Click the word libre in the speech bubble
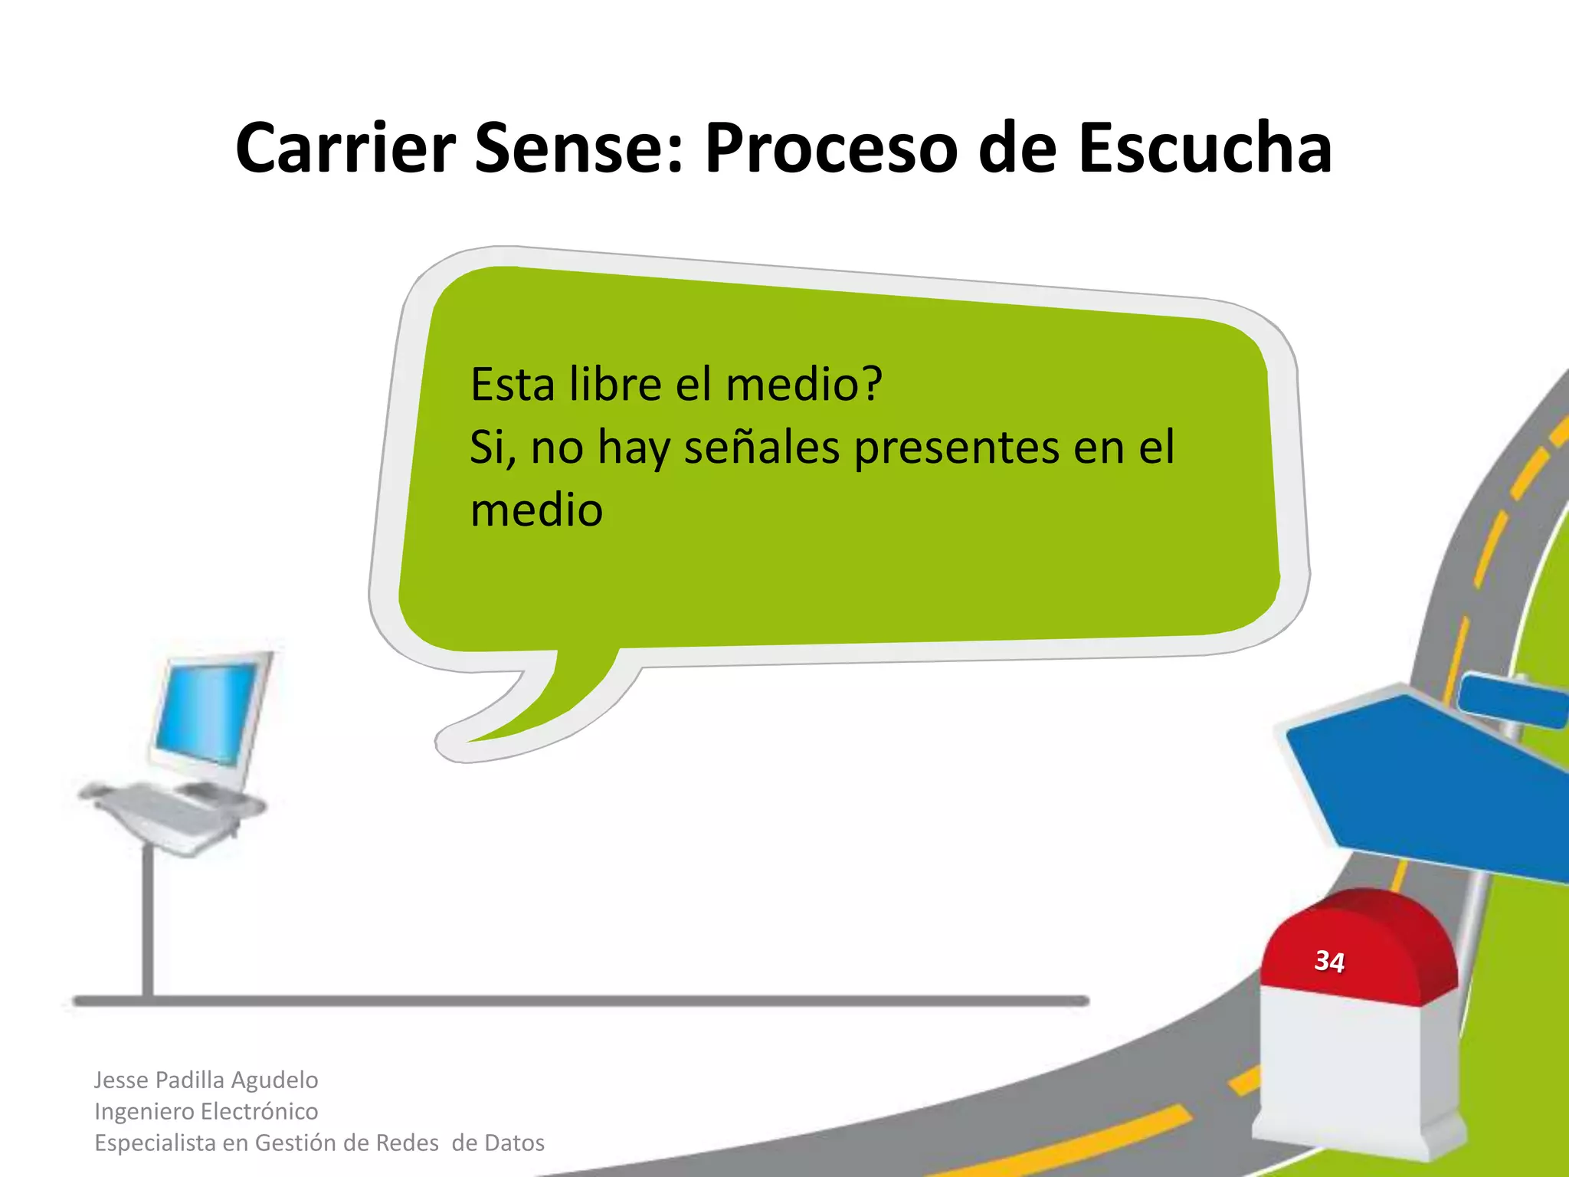(x=615, y=384)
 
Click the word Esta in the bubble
(x=512, y=384)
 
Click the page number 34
(x=1329, y=961)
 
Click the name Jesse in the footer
(x=120, y=1080)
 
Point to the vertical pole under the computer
(x=148, y=920)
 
